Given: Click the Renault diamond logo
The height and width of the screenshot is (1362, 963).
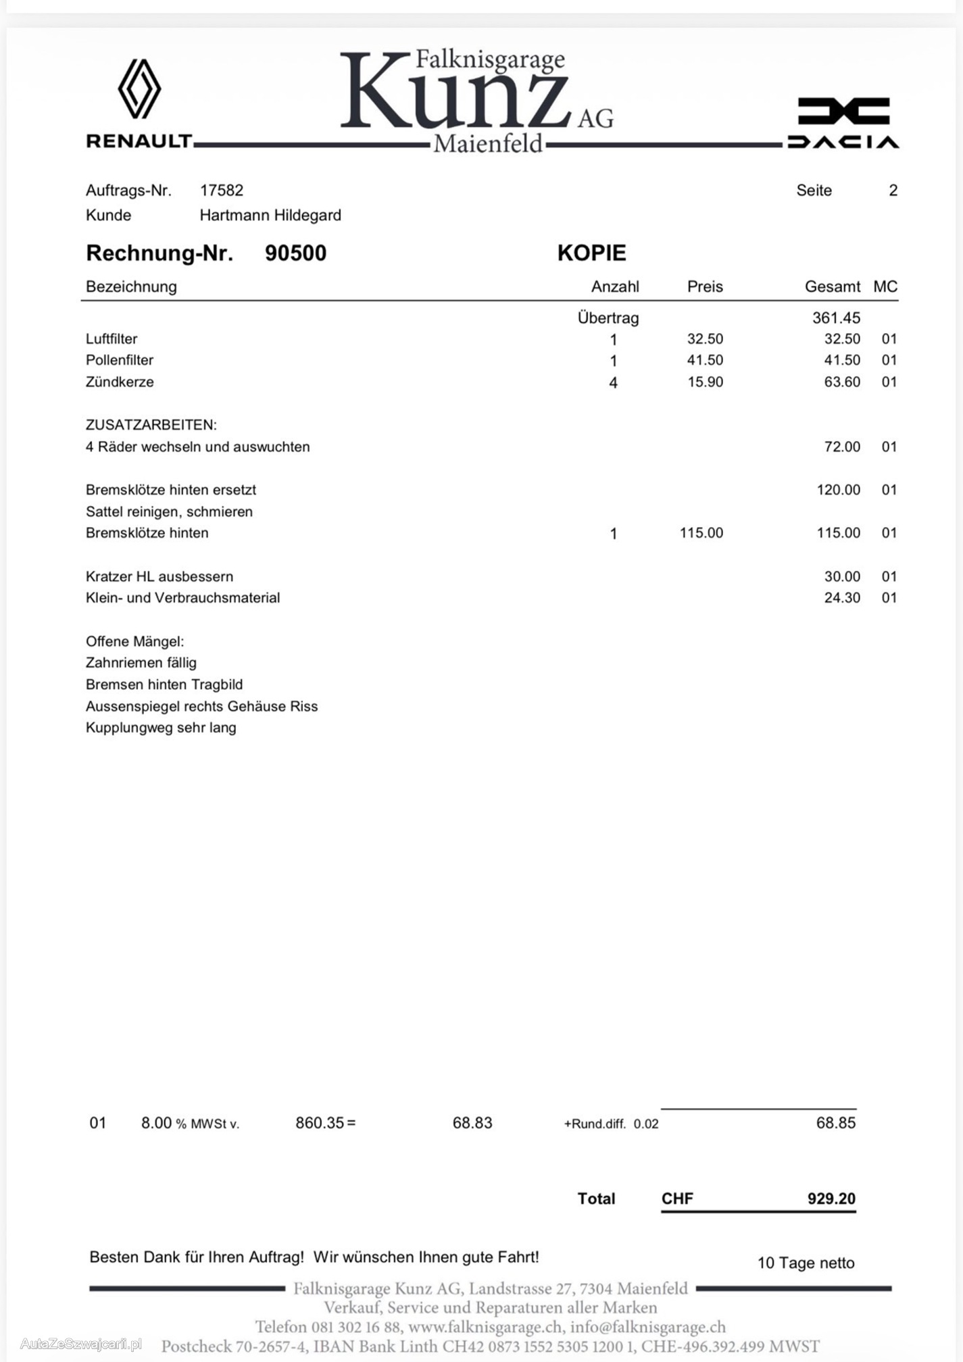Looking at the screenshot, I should tap(139, 89).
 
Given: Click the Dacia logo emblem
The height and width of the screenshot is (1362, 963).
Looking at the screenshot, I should tap(843, 111).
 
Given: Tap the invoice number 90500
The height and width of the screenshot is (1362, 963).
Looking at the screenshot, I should tap(295, 253).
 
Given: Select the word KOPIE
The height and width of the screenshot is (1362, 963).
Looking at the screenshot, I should tap(591, 253).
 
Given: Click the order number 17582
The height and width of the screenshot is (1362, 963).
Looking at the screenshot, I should tap(222, 191).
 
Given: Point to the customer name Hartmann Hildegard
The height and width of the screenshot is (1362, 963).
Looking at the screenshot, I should tap(270, 216).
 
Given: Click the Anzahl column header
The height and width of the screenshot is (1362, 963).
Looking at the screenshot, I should tap(615, 286).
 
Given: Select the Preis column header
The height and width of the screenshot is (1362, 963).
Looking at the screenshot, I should tap(705, 286).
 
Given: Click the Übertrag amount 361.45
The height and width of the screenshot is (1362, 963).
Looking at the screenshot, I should tap(836, 318).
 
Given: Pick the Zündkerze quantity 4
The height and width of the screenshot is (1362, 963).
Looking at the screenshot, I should tap(613, 383).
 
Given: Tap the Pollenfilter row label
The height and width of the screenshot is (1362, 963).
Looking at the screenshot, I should tap(120, 360).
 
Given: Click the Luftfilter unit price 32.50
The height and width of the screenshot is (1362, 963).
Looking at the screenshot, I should tap(705, 339).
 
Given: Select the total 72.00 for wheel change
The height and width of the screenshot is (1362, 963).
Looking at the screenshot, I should tap(842, 447).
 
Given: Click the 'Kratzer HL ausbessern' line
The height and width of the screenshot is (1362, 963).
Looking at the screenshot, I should tap(159, 576).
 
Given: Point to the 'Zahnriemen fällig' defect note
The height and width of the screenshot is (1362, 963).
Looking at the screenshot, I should tap(141, 663).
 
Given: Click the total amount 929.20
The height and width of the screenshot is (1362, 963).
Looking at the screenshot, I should tap(831, 1199).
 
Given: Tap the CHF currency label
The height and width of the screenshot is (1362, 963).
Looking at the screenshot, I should tap(677, 1199).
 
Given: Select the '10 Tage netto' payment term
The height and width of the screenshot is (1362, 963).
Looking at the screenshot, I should tap(806, 1263).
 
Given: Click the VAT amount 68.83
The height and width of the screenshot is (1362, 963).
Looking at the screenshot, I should tap(472, 1123).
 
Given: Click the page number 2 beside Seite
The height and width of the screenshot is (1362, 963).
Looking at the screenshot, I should tap(893, 191).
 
